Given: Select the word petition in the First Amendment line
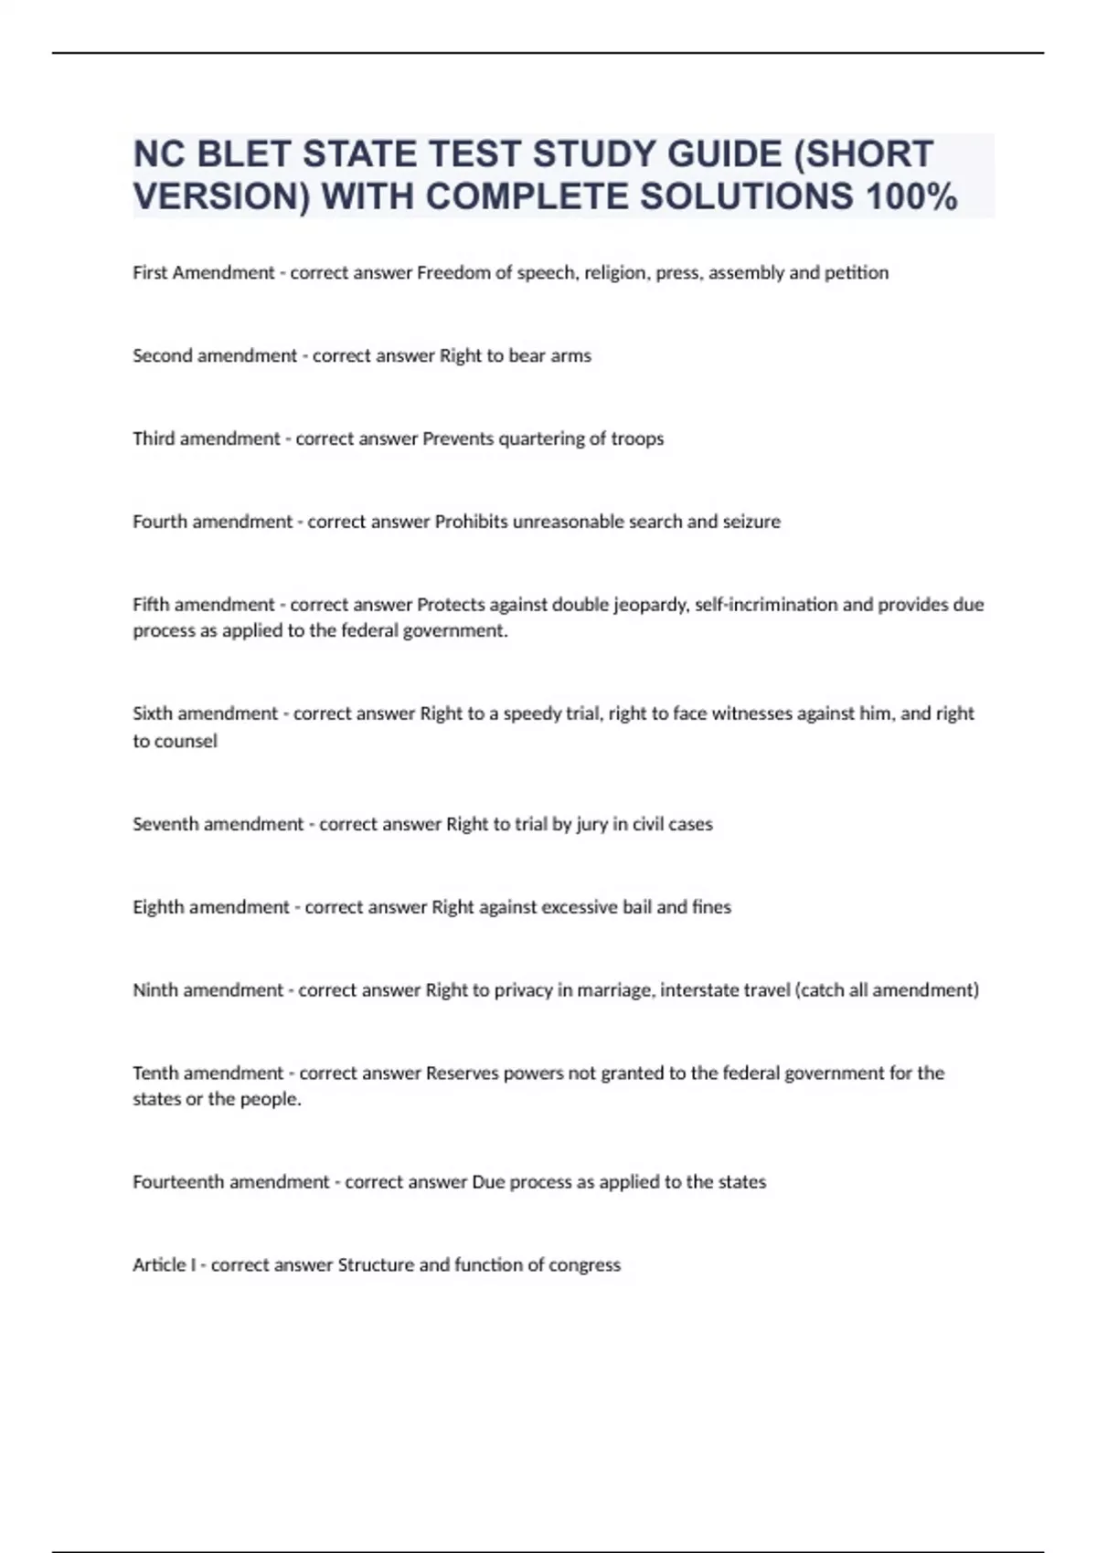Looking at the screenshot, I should [x=856, y=272].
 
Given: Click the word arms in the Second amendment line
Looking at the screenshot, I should [x=570, y=355].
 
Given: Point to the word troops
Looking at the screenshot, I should [x=637, y=438].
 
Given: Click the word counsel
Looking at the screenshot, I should [x=187, y=741].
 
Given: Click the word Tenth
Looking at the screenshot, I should [x=154, y=1073].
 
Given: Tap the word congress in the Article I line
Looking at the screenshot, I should [x=584, y=1265].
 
